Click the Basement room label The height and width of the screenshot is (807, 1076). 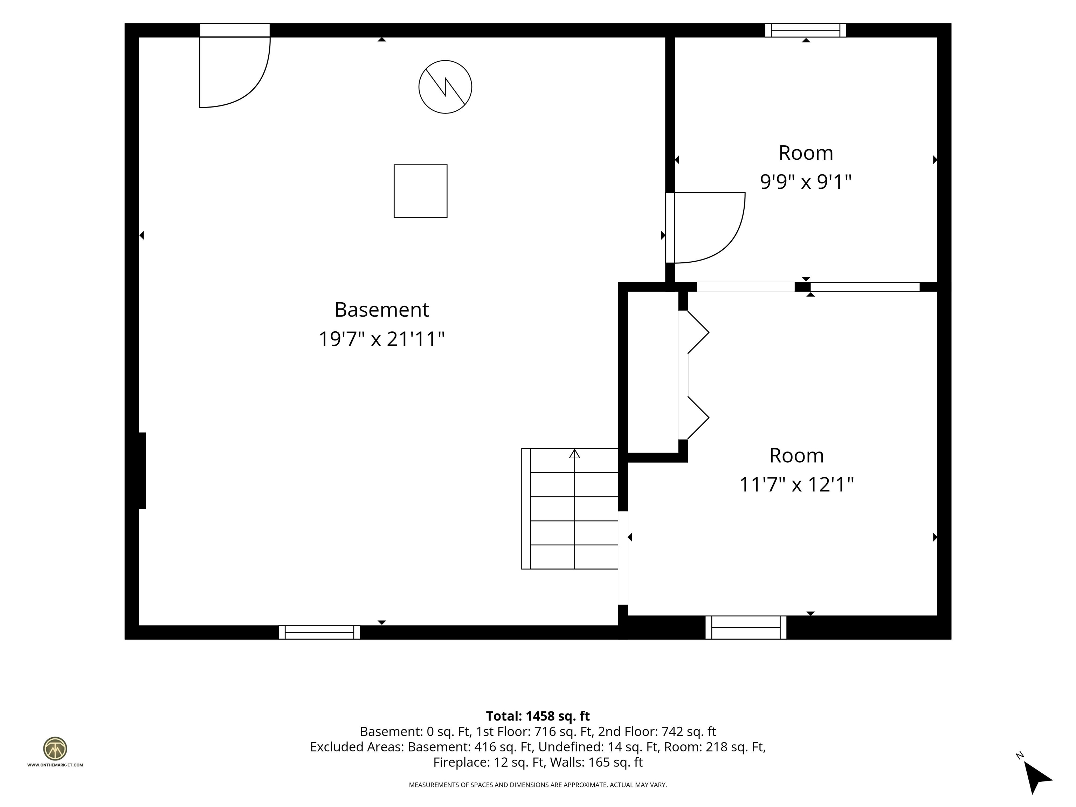(x=382, y=310)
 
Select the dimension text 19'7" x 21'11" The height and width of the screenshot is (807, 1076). (x=382, y=339)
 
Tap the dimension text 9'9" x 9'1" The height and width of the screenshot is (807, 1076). (x=806, y=182)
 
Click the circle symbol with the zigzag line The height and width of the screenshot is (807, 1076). (x=445, y=87)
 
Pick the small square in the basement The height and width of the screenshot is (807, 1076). (x=420, y=191)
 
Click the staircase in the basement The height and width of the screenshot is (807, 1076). (x=570, y=509)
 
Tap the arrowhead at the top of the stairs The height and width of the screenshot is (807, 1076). (x=574, y=454)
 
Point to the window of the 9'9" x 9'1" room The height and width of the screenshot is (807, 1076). (x=806, y=30)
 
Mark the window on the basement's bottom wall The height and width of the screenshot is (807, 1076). (x=319, y=632)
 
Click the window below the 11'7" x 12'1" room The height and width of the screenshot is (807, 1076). (x=746, y=628)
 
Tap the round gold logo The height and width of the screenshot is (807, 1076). (x=55, y=749)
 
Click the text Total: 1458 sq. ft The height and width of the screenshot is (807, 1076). (x=538, y=716)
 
